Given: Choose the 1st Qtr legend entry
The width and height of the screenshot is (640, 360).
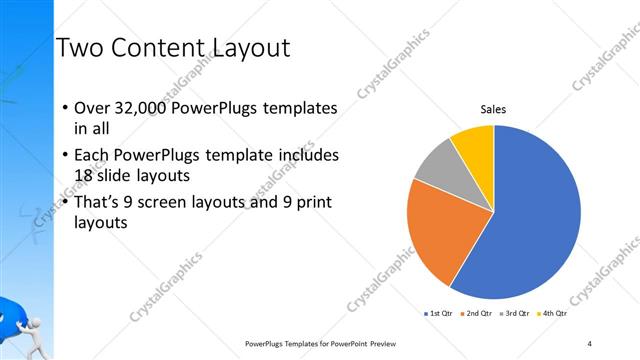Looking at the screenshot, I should [x=439, y=314].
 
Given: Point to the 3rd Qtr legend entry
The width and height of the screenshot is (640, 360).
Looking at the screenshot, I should [x=513, y=314].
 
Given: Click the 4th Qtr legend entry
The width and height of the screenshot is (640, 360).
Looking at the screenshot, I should [x=551, y=314].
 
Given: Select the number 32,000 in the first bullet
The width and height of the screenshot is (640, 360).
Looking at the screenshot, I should [x=141, y=108].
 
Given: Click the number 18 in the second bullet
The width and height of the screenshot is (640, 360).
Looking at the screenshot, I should [x=85, y=175].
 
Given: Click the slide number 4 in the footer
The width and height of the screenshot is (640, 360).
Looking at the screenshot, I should [x=590, y=343].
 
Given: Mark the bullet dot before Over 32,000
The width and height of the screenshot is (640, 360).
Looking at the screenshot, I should [x=66, y=108].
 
